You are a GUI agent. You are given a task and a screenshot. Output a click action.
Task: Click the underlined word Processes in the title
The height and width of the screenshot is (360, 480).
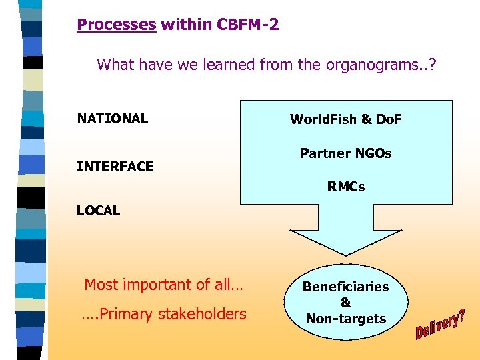click(x=117, y=25)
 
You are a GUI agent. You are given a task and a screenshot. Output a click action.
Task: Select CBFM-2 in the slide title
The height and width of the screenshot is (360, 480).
click(x=248, y=25)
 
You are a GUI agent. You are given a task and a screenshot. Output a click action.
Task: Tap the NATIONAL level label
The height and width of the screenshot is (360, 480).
click(x=113, y=119)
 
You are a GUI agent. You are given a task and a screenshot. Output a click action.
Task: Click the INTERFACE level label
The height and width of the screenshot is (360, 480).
click(x=115, y=167)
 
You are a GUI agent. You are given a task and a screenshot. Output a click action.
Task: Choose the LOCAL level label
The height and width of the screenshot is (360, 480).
click(x=99, y=211)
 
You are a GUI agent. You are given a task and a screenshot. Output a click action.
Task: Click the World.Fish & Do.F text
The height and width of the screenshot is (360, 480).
click(x=346, y=120)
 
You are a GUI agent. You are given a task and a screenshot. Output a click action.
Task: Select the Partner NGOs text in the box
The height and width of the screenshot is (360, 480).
click(x=346, y=153)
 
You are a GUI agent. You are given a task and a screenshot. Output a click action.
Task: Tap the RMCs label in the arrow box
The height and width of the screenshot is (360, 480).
click(x=346, y=187)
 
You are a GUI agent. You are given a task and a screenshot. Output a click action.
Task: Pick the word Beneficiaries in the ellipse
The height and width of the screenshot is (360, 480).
click(x=346, y=287)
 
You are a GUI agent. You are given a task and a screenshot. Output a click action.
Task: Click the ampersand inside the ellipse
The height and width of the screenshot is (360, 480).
click(x=346, y=303)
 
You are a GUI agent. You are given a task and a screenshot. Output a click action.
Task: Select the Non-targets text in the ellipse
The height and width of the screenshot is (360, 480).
click(x=346, y=319)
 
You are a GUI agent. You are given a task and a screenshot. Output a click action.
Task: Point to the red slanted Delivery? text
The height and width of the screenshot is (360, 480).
click(x=441, y=324)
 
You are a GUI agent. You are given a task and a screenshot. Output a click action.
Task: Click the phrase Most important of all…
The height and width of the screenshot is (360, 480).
click(x=163, y=285)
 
